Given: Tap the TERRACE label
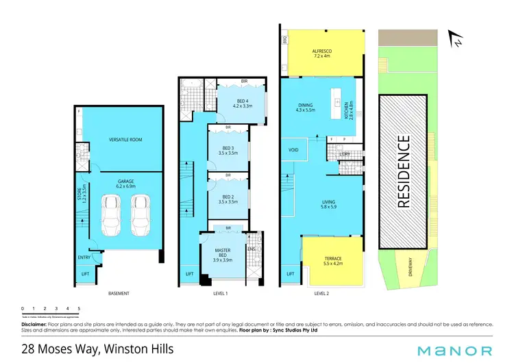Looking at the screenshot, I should [333, 259].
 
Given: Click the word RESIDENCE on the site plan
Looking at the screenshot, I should [404, 171].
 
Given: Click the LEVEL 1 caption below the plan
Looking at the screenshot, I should [219, 293].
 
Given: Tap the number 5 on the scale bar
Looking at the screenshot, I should [79, 309].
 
